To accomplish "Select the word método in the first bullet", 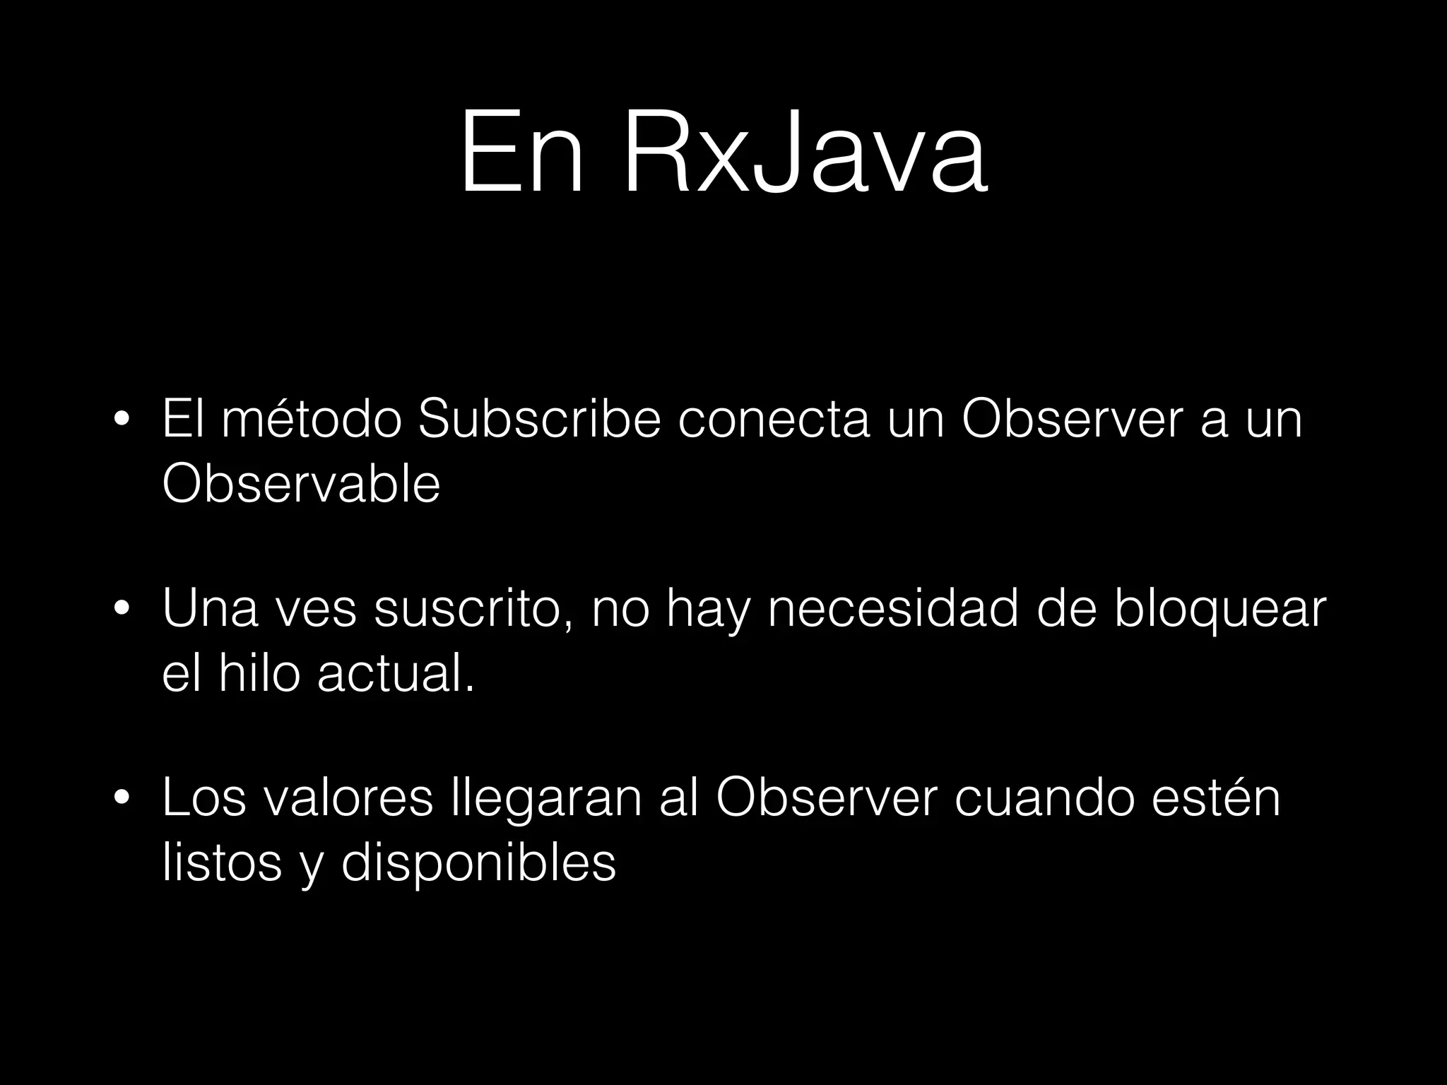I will tap(312, 420).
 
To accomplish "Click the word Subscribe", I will tap(540, 420).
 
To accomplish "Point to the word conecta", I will tap(774, 420).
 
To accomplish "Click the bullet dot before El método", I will tap(122, 422).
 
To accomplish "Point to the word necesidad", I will tap(893, 609).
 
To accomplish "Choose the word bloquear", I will tap(1220, 609).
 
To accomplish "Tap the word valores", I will tap(346, 798).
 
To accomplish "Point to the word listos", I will tap(222, 862).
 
